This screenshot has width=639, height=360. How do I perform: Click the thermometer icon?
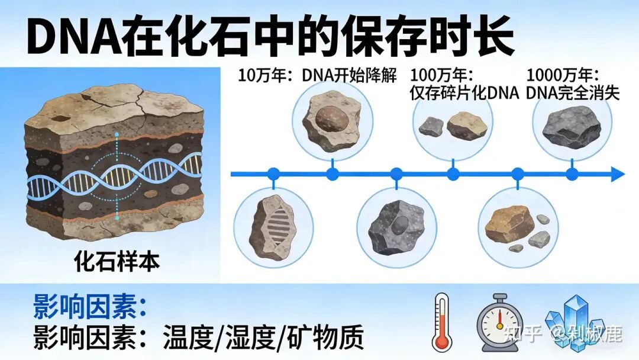441,322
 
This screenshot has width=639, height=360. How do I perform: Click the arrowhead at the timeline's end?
617,175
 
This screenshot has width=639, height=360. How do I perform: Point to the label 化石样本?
117,261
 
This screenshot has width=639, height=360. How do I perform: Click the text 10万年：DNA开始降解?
317,75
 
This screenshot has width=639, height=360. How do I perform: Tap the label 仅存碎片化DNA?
464,93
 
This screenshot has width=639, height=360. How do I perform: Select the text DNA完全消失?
573,93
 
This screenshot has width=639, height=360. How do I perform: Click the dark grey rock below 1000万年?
572,127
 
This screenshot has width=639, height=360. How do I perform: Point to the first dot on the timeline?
273,175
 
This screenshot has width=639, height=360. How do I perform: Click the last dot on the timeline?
572,175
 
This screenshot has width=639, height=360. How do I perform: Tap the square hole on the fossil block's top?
61,119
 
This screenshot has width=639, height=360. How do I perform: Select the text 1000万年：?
563,75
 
